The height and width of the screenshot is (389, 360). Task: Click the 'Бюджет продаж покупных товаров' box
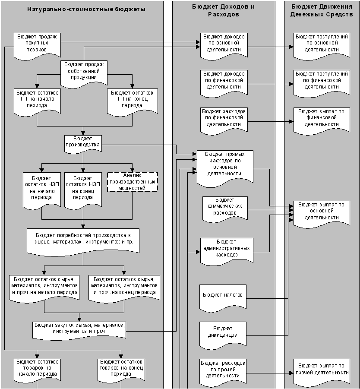[37, 43]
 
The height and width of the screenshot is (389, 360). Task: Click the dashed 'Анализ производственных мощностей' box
[133, 182]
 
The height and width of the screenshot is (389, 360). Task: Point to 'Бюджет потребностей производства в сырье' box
[83, 239]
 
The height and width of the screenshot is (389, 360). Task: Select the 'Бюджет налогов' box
[223, 295]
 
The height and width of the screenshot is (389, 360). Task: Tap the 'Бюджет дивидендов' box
[223, 332]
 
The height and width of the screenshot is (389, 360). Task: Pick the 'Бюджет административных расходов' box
[226, 248]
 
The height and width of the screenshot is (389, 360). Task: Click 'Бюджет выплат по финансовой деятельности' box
[321, 118]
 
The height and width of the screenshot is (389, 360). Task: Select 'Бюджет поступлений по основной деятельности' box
[321, 43]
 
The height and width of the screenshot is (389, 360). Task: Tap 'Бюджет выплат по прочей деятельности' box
[321, 370]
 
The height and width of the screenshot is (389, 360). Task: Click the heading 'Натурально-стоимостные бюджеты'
[86, 9]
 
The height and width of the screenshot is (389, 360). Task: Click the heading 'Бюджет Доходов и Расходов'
[223, 10]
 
